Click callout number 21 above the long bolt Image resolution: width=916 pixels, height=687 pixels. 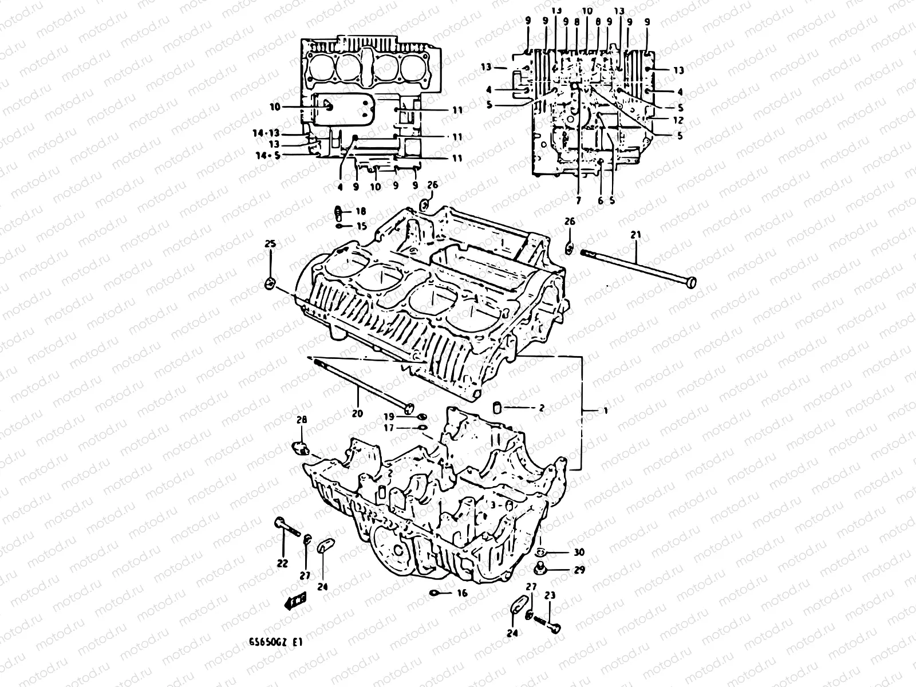(x=637, y=235)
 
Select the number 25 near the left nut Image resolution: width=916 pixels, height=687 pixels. (x=270, y=244)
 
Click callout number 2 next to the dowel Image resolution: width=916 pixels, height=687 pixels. (x=541, y=408)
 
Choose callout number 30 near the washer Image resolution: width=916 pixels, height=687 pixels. (x=579, y=552)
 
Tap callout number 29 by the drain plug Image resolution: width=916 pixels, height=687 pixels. (x=579, y=571)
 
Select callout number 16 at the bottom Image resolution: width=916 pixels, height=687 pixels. (x=462, y=594)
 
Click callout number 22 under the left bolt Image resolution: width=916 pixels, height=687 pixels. (x=282, y=564)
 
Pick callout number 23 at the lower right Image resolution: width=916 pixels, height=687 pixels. (x=550, y=596)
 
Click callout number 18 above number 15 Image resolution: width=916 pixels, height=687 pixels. (x=361, y=211)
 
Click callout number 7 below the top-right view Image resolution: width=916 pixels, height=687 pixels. (x=578, y=201)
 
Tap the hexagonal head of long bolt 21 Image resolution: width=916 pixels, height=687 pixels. (x=691, y=282)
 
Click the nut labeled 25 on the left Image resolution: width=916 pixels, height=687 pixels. (x=270, y=283)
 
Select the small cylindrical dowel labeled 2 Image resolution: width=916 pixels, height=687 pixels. (x=498, y=408)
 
